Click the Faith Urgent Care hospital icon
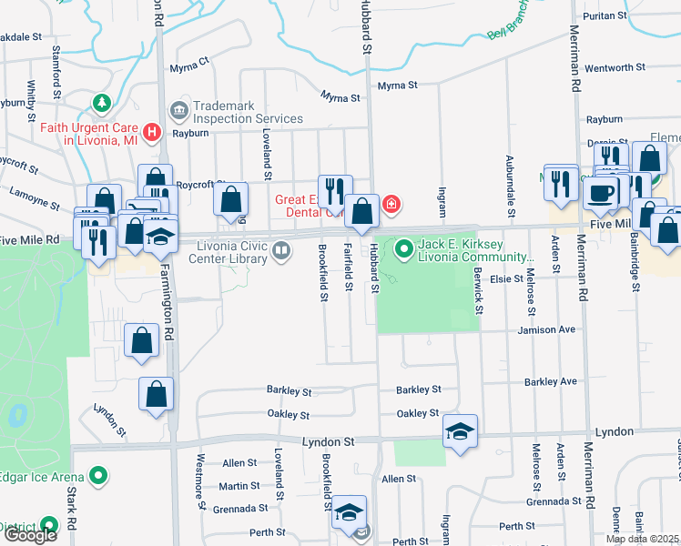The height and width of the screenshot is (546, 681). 153,133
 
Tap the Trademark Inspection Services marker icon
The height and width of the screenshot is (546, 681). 178,111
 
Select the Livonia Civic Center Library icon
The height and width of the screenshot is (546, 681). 282,250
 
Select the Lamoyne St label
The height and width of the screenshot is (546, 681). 35,193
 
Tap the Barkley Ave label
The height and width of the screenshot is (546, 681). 552,382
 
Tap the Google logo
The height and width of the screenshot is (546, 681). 30,535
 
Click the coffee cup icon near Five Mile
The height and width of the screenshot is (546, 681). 602,192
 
